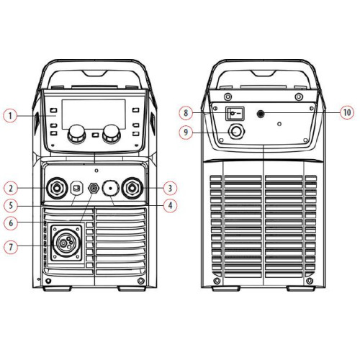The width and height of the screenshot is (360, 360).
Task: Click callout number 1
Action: (x=10, y=116)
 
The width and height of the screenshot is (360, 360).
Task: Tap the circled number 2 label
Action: (x=11, y=188)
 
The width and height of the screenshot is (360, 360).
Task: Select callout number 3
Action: (x=170, y=188)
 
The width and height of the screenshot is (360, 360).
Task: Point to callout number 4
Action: (x=170, y=205)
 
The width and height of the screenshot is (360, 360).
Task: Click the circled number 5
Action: (x=11, y=205)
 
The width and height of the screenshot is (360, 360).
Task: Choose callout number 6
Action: (x=11, y=223)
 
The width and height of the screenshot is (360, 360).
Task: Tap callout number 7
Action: (x=11, y=246)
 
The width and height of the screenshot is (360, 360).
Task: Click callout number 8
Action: (x=186, y=112)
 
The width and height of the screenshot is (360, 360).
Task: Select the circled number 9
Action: (x=186, y=132)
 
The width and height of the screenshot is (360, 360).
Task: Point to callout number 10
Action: (x=347, y=112)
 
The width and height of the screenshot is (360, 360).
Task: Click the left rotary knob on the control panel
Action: (x=76, y=134)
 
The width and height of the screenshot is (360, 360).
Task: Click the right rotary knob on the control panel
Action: (x=112, y=134)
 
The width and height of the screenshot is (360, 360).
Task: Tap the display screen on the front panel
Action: (x=94, y=114)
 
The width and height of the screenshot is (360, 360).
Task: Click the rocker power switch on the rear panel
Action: (x=235, y=113)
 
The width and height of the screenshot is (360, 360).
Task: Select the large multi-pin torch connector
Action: (x=66, y=243)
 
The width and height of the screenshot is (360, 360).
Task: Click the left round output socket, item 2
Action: (x=57, y=188)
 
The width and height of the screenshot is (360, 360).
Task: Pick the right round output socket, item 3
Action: (x=132, y=188)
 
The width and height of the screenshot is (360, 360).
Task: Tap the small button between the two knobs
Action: (x=95, y=135)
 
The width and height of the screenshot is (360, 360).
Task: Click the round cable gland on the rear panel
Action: (x=237, y=132)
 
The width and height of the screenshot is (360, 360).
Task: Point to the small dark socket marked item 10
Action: (x=261, y=114)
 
